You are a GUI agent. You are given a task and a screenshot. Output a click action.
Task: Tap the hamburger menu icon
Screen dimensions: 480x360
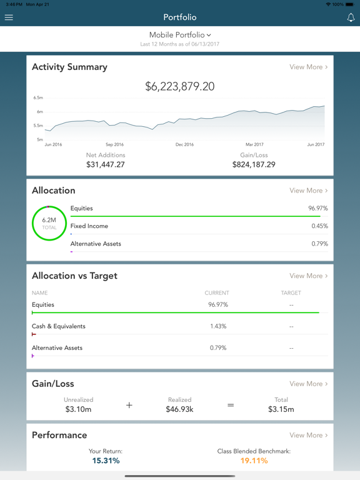[9, 17]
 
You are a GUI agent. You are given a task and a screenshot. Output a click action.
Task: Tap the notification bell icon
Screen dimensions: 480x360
[351, 17]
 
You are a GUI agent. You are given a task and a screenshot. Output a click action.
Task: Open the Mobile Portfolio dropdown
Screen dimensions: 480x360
[180, 35]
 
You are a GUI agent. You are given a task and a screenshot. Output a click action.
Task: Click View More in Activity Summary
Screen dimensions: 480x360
[308, 67]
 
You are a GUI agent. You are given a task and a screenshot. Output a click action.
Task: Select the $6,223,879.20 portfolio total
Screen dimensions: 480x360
[180, 87]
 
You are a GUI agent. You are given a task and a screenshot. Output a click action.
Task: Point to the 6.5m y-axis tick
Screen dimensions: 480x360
[39, 98]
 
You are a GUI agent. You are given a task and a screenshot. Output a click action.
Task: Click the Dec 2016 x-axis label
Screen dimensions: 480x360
[184, 144]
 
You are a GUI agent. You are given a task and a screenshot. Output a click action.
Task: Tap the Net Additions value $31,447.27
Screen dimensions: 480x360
[106, 165]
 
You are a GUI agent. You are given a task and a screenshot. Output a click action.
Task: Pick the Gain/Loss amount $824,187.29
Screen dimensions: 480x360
[254, 165]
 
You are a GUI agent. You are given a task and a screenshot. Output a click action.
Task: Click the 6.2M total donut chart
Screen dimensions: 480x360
[49, 223]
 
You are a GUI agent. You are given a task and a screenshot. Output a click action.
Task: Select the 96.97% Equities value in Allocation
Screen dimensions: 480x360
[317, 209]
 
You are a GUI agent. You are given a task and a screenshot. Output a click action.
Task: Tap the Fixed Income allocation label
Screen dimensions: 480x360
[89, 226]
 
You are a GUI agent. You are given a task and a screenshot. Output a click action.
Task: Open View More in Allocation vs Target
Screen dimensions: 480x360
[308, 276]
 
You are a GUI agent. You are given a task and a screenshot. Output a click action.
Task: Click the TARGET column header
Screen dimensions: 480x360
[291, 292]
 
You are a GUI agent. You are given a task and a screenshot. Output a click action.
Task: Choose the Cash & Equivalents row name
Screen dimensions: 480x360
[59, 326]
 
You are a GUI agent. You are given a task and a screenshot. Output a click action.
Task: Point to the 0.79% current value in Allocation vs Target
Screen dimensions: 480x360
[217, 348]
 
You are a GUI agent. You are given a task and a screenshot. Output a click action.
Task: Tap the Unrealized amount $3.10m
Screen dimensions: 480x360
[79, 409]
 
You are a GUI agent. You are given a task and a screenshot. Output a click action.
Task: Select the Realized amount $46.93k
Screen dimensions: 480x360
[179, 409]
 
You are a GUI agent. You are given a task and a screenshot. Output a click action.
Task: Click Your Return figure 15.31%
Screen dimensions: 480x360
[106, 461]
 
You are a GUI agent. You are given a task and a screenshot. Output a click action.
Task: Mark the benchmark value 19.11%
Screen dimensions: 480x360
[254, 461]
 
